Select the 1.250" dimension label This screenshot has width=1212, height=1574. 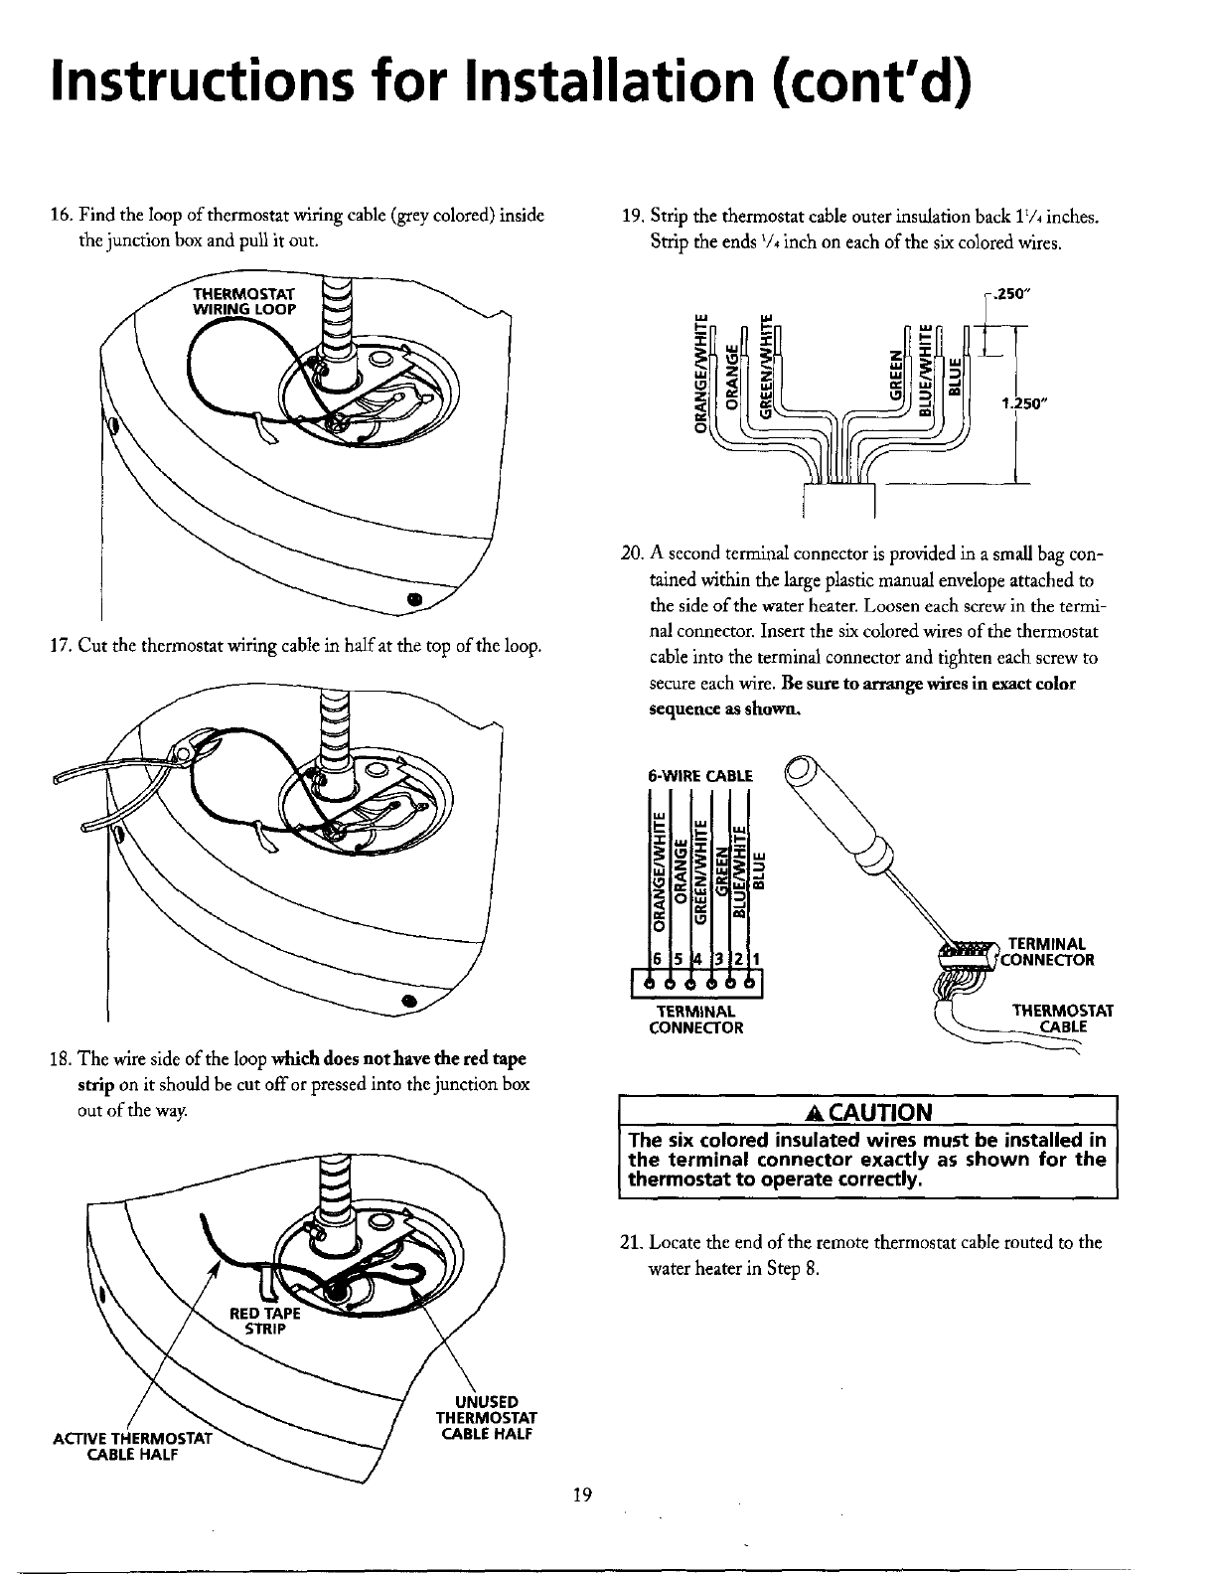1024,403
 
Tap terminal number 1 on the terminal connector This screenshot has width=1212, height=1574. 757,959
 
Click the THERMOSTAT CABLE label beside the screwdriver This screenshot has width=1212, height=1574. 1062,1020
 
